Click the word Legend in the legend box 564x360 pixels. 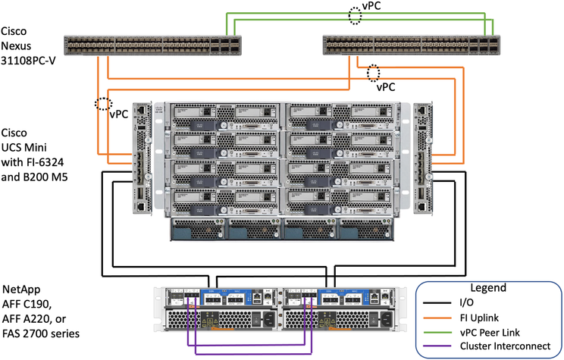490,288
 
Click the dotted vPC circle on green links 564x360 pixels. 356,14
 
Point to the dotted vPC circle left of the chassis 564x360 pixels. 101,104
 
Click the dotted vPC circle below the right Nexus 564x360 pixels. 373,74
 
